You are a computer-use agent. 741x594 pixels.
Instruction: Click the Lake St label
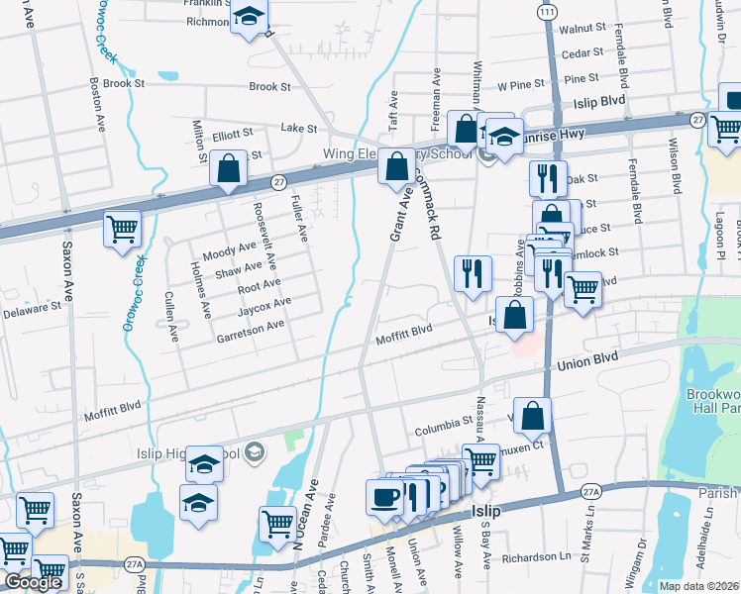click(x=298, y=129)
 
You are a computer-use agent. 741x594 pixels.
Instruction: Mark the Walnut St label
click(x=583, y=31)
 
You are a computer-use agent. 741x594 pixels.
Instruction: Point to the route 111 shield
click(x=547, y=10)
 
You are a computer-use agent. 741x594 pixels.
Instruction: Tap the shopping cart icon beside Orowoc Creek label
click(x=124, y=230)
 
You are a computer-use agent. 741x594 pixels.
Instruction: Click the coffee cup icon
click(x=384, y=497)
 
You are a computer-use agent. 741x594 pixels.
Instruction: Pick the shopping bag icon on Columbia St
click(x=532, y=417)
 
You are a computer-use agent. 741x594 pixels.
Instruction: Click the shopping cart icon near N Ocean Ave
click(x=277, y=522)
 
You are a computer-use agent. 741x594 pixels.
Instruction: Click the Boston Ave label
click(x=98, y=105)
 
